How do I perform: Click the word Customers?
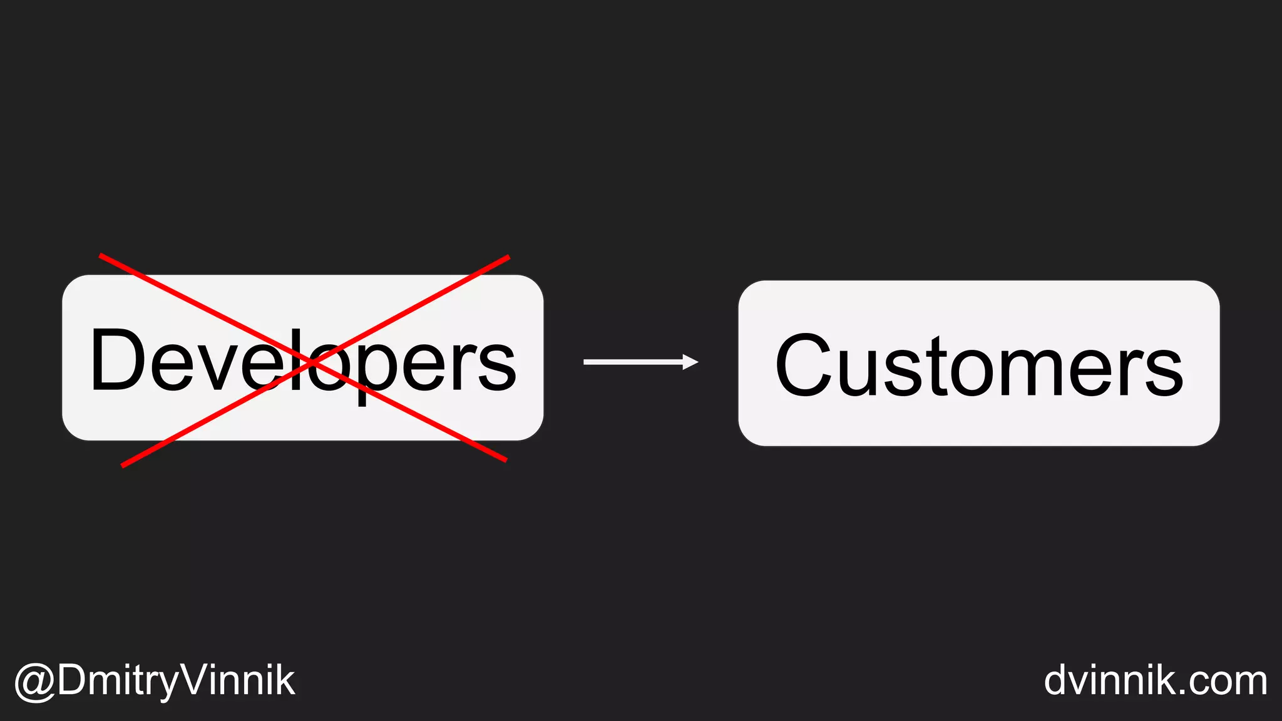tap(978, 366)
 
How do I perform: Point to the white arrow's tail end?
tap(586, 362)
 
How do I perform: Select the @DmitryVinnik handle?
tap(155, 681)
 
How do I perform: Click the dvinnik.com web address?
tap(1155, 681)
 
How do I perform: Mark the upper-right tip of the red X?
tap(508, 257)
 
